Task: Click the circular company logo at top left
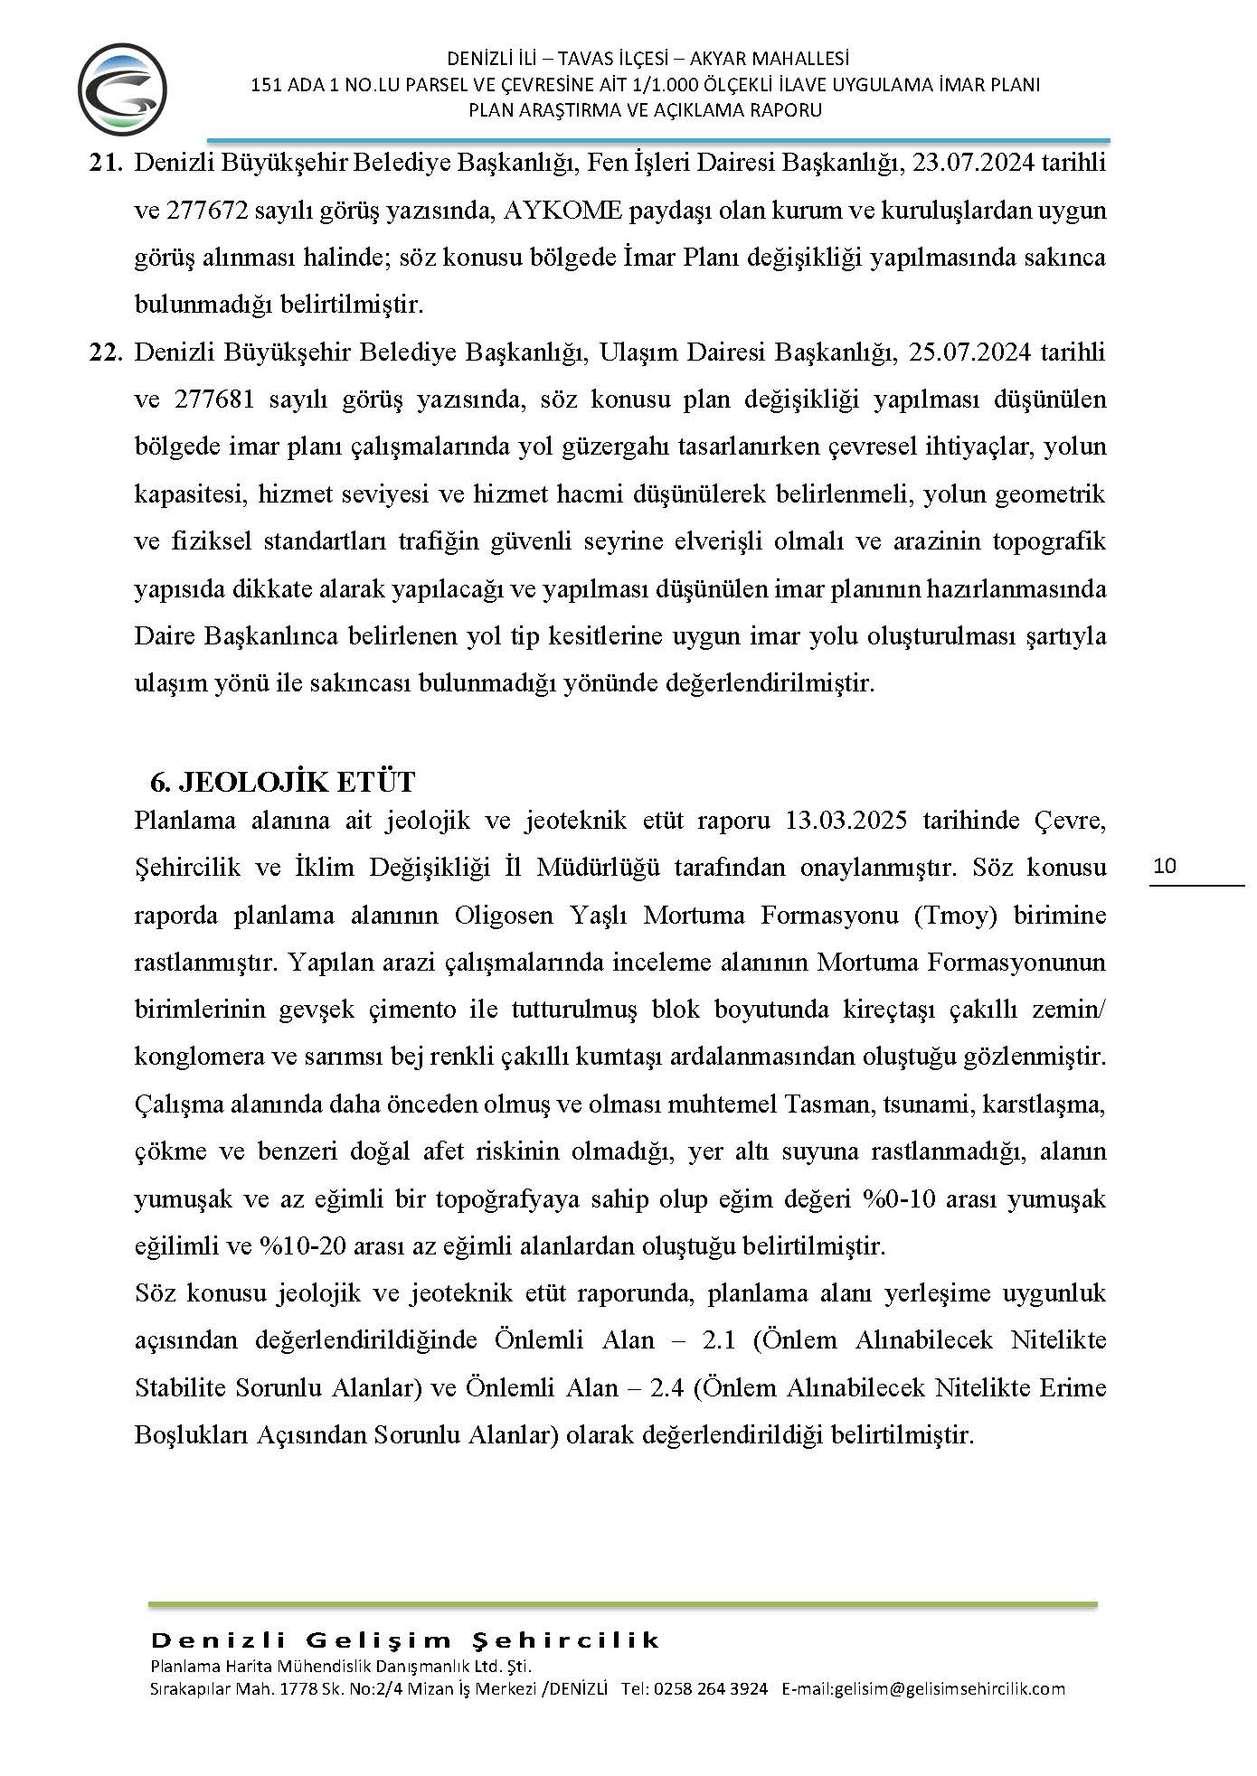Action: click(x=122, y=89)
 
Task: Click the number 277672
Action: click(x=212, y=211)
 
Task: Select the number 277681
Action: click(x=212, y=399)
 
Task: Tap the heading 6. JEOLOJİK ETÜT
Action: click(x=282, y=781)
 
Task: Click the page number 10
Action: click(x=1166, y=866)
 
